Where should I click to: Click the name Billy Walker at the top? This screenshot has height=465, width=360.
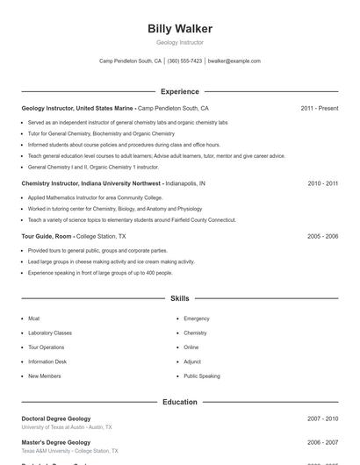pyautogui.click(x=179, y=29)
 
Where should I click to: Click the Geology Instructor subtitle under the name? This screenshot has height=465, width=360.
pyautogui.click(x=179, y=42)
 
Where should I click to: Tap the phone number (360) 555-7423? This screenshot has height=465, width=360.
pyautogui.click(x=184, y=61)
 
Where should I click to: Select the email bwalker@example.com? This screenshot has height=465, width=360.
pyautogui.click(x=234, y=61)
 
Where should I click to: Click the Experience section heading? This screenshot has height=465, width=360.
pyautogui.click(x=179, y=91)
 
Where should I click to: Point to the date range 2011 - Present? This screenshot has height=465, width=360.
pyautogui.click(x=319, y=108)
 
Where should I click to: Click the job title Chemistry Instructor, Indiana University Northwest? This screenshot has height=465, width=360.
pyautogui.click(x=92, y=183)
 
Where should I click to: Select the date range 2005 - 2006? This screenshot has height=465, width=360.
pyautogui.click(x=322, y=236)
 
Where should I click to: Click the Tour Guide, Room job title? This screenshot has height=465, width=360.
pyautogui.click(x=47, y=236)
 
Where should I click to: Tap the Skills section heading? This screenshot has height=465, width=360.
pyautogui.click(x=179, y=298)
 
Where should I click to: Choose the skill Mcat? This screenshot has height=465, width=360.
pyautogui.click(x=33, y=318)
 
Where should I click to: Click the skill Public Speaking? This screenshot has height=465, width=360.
pyautogui.click(x=202, y=376)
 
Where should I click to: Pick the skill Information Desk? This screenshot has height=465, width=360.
pyautogui.click(x=47, y=361)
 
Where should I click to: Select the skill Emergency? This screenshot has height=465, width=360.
pyautogui.click(x=197, y=318)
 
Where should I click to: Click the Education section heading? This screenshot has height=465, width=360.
pyautogui.click(x=179, y=402)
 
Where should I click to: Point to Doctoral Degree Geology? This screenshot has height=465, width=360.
pyautogui.click(x=56, y=418)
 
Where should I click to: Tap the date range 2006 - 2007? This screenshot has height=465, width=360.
pyautogui.click(x=322, y=442)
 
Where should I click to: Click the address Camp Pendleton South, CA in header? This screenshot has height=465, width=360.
pyautogui.click(x=130, y=61)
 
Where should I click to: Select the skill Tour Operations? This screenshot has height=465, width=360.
pyautogui.click(x=46, y=347)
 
